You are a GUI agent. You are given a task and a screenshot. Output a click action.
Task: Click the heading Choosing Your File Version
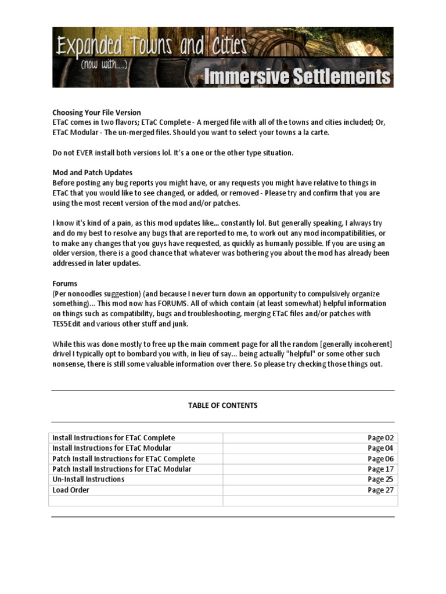[96, 113]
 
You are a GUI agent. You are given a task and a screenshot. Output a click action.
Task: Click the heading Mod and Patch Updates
[92, 173]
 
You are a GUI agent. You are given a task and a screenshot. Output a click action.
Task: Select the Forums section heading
[64, 284]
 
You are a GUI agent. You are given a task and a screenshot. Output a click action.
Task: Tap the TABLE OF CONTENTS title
[222, 405]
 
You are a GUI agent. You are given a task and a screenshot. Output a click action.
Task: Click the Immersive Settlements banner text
[296, 76]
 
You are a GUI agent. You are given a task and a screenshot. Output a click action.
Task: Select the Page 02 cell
[380, 438]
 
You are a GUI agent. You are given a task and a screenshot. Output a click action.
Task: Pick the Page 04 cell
[380, 448]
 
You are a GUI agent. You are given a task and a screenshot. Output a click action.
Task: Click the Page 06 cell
[380, 459]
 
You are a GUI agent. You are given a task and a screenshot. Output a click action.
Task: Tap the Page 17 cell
[380, 469]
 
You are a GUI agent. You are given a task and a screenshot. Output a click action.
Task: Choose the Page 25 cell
[380, 480]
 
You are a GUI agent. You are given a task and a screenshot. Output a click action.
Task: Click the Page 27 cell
[380, 490]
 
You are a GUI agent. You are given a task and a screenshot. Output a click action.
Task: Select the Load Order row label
[71, 490]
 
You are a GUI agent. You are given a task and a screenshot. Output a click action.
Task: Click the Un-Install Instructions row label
[88, 480]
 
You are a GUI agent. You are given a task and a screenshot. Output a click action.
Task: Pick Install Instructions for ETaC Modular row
[111, 448]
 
